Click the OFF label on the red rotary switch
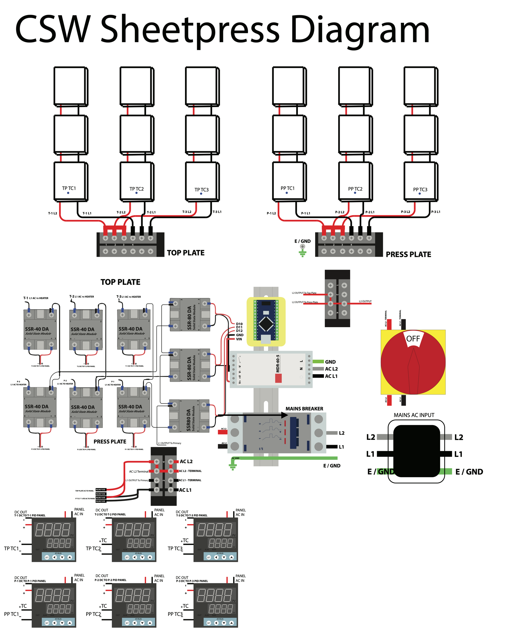pyautogui.click(x=413, y=339)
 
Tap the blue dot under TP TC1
pyautogui.click(x=68, y=193)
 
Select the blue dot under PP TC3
pyautogui.click(x=420, y=194)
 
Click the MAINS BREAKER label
pyautogui.click(x=304, y=409)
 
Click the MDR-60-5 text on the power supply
pyautogui.click(x=278, y=363)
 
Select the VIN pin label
pyautogui.click(x=239, y=339)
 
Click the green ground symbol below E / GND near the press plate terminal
pyautogui.click(x=302, y=254)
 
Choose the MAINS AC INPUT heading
pyautogui.click(x=414, y=415)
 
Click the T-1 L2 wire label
pyautogui.click(x=52, y=213)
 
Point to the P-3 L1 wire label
pyautogui.click(x=436, y=212)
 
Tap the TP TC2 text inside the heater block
pyautogui.click(x=137, y=189)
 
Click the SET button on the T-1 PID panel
pyautogui.click(x=47, y=557)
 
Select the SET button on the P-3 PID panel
pyautogui.click(x=209, y=623)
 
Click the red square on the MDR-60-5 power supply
pyautogui.click(x=278, y=378)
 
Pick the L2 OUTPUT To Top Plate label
pyautogui.click(x=304, y=293)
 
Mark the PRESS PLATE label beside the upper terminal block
pyautogui.click(x=408, y=255)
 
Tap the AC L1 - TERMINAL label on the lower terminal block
pyautogui.click(x=190, y=480)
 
